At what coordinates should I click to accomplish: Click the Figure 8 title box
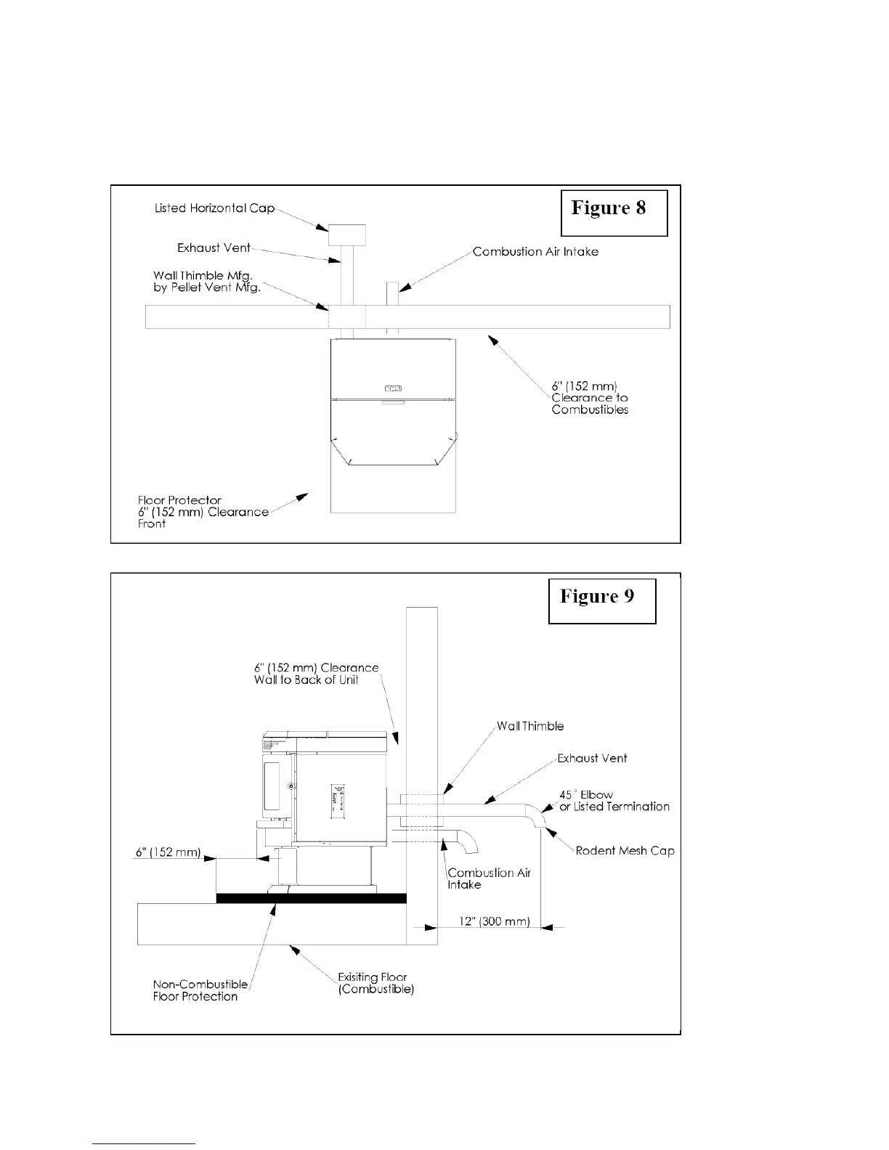[614, 212]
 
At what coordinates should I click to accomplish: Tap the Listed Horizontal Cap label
[215, 208]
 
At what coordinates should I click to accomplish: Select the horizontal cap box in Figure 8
[347, 235]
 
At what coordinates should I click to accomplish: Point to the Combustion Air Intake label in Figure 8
[535, 252]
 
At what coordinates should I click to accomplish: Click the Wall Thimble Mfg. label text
[206, 281]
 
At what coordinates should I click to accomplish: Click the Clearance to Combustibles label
[589, 398]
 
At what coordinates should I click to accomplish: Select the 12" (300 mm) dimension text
[494, 921]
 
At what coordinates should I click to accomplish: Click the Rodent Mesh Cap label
[625, 850]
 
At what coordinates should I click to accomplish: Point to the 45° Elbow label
[614, 800]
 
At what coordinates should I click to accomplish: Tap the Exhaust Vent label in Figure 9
[592, 758]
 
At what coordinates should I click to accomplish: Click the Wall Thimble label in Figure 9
[530, 726]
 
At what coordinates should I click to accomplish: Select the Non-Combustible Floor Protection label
[200, 990]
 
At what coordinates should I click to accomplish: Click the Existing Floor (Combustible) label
[376, 983]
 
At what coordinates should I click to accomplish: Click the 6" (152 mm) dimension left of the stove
[168, 852]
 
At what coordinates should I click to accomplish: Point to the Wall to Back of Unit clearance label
[316, 674]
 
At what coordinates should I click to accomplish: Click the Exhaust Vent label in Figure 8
[214, 248]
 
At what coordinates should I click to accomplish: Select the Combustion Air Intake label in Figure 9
[489, 878]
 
